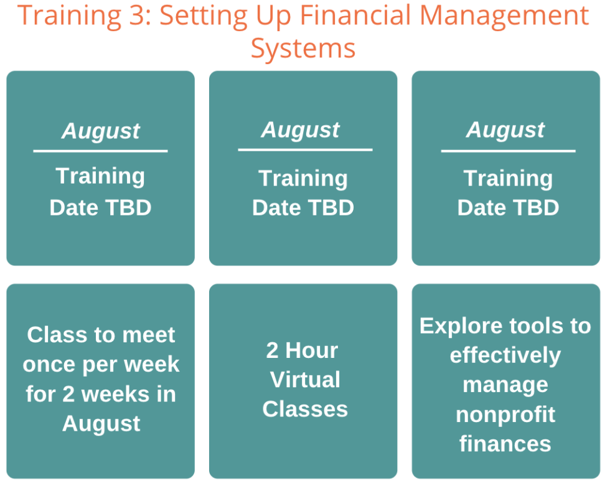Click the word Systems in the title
(303, 49)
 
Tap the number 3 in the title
(136, 16)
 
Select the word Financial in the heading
(355, 16)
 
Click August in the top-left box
(101, 131)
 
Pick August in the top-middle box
(300, 130)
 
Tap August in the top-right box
(505, 130)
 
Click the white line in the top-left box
(100, 151)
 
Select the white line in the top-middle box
(306, 149)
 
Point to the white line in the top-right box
(508, 151)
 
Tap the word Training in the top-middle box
(303, 179)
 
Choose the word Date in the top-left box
(73, 208)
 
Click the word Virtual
(305, 380)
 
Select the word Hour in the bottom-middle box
(312, 350)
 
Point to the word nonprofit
(505, 415)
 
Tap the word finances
(505, 444)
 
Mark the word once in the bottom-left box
(49, 365)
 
